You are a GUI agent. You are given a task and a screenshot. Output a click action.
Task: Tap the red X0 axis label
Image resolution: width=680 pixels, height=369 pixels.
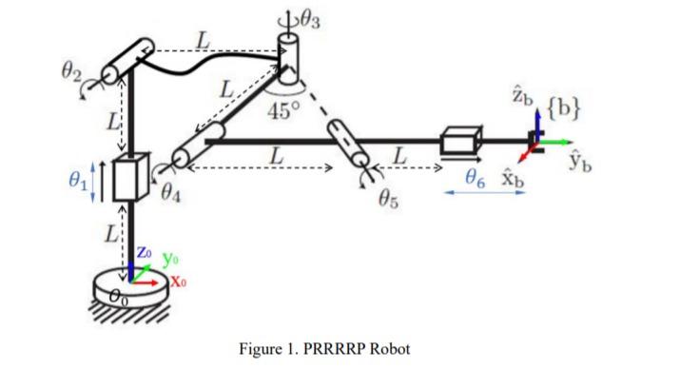pos(182,282)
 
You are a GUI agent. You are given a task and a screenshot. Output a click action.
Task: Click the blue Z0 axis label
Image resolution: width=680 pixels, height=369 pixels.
pos(140,252)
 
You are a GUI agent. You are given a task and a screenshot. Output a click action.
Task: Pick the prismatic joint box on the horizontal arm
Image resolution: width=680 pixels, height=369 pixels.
pos(460,144)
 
